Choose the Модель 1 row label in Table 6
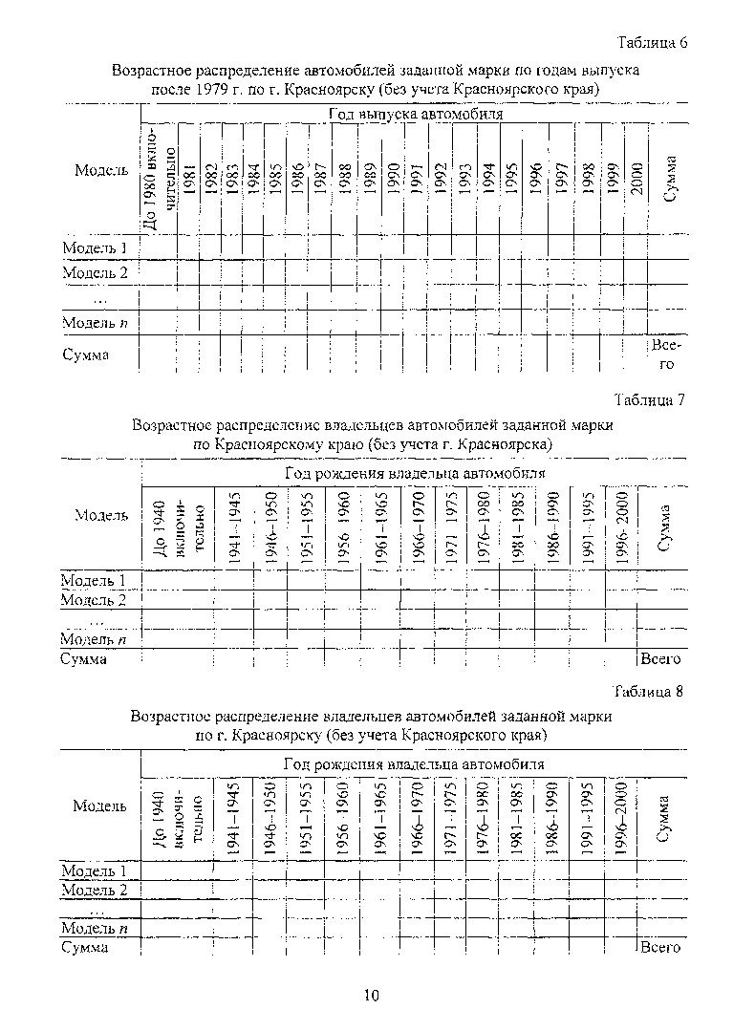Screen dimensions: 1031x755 tap(96, 247)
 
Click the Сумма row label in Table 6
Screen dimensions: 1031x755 tap(85, 354)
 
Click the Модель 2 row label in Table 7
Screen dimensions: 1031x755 tap(94, 600)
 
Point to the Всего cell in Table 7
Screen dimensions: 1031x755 tap(660, 659)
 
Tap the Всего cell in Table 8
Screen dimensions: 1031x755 tap(660, 948)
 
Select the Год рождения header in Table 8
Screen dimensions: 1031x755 tap(413, 764)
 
